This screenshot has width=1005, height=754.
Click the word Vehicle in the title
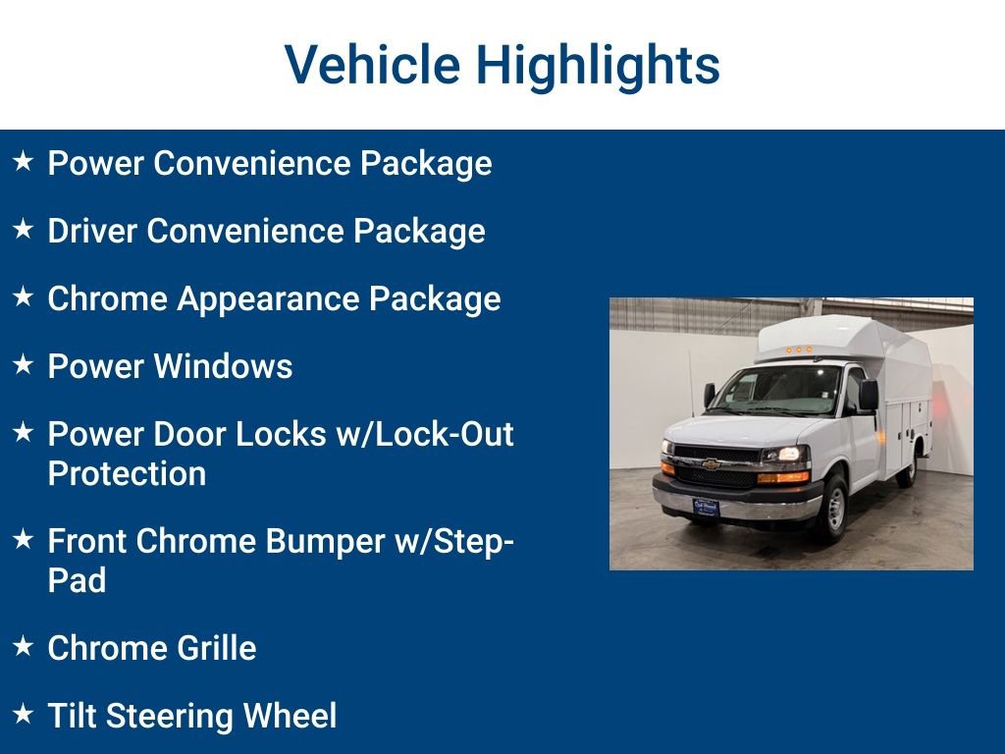[x=372, y=65]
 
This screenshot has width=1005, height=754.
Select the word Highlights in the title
[x=598, y=65]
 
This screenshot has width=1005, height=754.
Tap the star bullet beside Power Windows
[x=24, y=364]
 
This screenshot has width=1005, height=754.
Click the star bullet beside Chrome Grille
[x=24, y=646]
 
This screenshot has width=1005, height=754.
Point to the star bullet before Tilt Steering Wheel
[x=24, y=714]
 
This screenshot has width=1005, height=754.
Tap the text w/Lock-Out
[x=425, y=434]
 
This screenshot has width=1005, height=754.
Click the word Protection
[x=127, y=473]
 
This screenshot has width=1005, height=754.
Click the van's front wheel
[x=832, y=507]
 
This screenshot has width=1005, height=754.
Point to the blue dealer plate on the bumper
[x=706, y=507]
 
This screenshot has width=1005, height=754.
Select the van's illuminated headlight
[x=786, y=455]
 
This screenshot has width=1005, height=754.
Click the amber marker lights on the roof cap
[x=796, y=349]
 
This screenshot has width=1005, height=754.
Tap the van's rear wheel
[x=908, y=469]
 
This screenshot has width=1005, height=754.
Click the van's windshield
[x=776, y=392]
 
